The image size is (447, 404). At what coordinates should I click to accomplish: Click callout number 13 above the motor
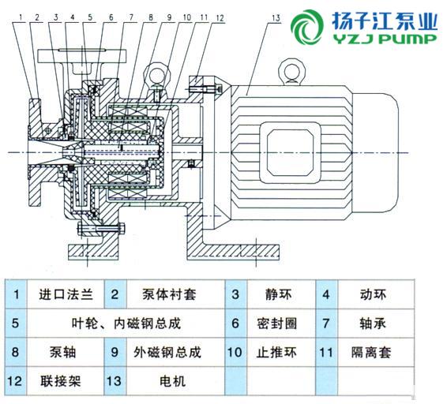click(x=276, y=18)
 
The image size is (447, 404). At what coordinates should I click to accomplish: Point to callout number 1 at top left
click(x=21, y=17)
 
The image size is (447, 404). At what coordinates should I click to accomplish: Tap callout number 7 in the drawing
click(x=131, y=17)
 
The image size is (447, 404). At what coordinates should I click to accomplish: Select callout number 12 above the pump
click(x=220, y=17)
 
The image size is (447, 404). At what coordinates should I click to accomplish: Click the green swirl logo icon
click(x=307, y=28)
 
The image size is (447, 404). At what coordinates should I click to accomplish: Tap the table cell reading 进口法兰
click(x=66, y=294)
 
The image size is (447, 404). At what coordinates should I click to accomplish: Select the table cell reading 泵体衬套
click(x=169, y=294)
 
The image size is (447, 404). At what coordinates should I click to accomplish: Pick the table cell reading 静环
click(x=279, y=294)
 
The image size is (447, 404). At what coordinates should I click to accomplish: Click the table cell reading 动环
click(x=374, y=294)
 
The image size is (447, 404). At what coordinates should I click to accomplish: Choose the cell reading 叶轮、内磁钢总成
click(x=126, y=324)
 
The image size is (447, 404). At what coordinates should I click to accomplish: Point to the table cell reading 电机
click(x=173, y=381)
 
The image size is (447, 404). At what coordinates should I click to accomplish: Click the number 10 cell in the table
click(x=235, y=353)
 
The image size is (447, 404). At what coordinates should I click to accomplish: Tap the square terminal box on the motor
click(x=290, y=152)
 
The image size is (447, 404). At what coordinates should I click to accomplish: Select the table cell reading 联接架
click(x=61, y=381)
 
